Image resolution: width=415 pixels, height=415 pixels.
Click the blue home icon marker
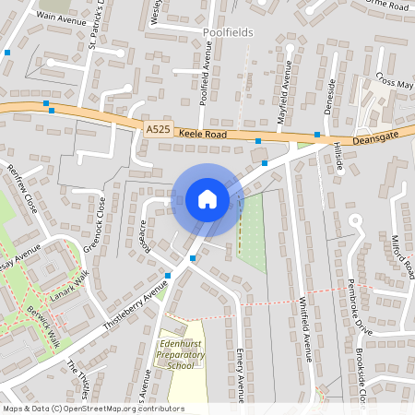pos(207,199)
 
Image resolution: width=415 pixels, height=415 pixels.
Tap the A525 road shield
pos(157,133)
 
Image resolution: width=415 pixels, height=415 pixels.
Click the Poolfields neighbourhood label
pos(226,32)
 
